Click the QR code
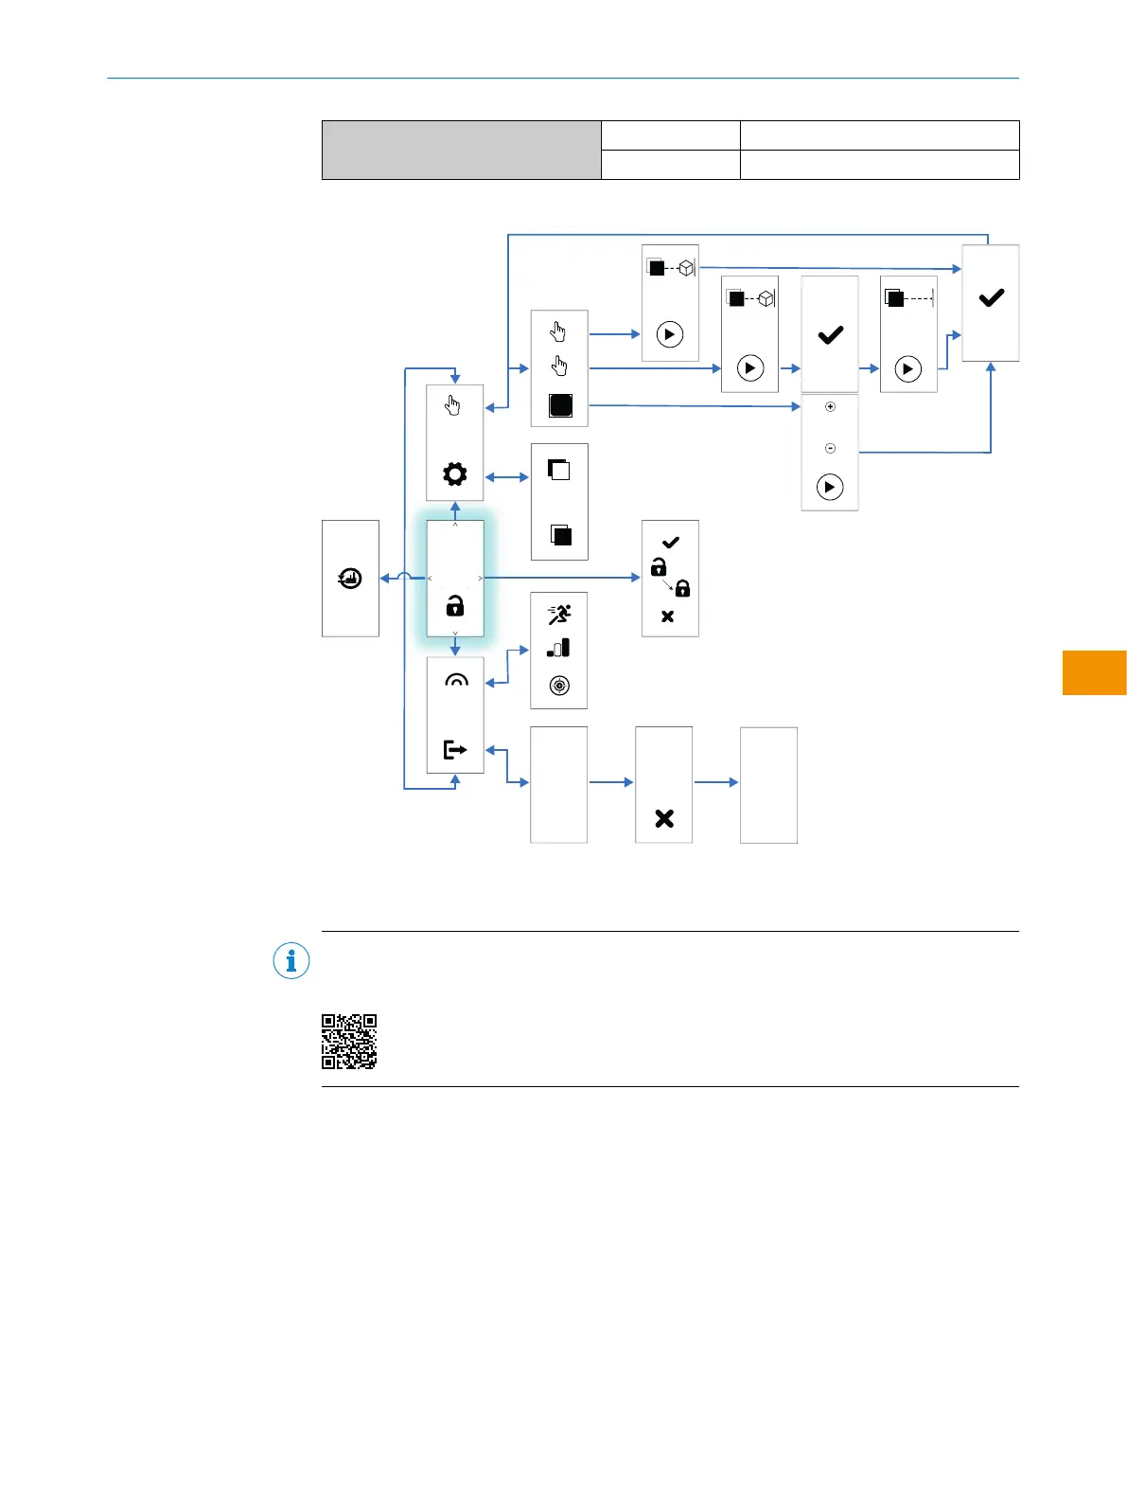(349, 1042)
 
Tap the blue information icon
(291, 961)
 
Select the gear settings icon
(455, 473)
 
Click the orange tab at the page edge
(1094, 672)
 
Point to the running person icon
(559, 615)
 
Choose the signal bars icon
(559, 648)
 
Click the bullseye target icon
(559, 686)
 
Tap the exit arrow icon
(455, 750)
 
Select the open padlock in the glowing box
(455, 606)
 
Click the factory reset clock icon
(350, 578)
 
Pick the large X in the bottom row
(664, 818)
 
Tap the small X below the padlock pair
(667, 616)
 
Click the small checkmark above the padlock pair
(671, 543)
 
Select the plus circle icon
(830, 407)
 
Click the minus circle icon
(830, 448)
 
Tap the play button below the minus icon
(830, 487)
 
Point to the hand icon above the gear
(453, 406)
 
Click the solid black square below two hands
(561, 405)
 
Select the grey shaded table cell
(461, 150)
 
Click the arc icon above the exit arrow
(456, 681)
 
